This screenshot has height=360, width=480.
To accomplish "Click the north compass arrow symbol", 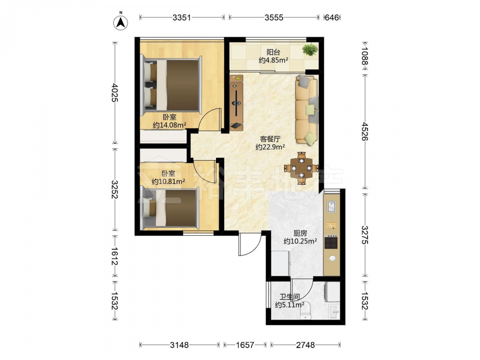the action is pos(121,23).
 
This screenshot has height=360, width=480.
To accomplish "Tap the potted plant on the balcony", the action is pos(311,49).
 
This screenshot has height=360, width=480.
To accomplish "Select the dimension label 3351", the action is pos(181,17).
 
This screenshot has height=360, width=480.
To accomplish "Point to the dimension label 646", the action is pos(332,17).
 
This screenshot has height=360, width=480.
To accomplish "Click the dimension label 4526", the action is pos(364,132).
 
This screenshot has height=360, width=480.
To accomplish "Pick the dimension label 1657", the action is pos(245,345).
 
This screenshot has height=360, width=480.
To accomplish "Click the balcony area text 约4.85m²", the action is pos(274,60).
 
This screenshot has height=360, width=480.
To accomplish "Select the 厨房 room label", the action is pos(300,233).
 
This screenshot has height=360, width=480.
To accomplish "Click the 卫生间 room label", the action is pos(289,297).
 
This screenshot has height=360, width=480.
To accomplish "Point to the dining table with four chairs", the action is pos(301,168).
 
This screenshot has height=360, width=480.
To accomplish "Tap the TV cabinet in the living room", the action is pos(237,103).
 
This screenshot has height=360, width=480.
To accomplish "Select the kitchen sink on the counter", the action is pos(332,206).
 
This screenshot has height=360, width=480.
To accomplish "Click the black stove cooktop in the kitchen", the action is pos(331,241).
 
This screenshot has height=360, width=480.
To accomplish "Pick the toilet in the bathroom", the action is pos(305,312).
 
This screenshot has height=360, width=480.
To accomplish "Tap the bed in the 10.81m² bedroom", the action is pos(169,209).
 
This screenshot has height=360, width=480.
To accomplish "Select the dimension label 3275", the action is pos(364,235).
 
